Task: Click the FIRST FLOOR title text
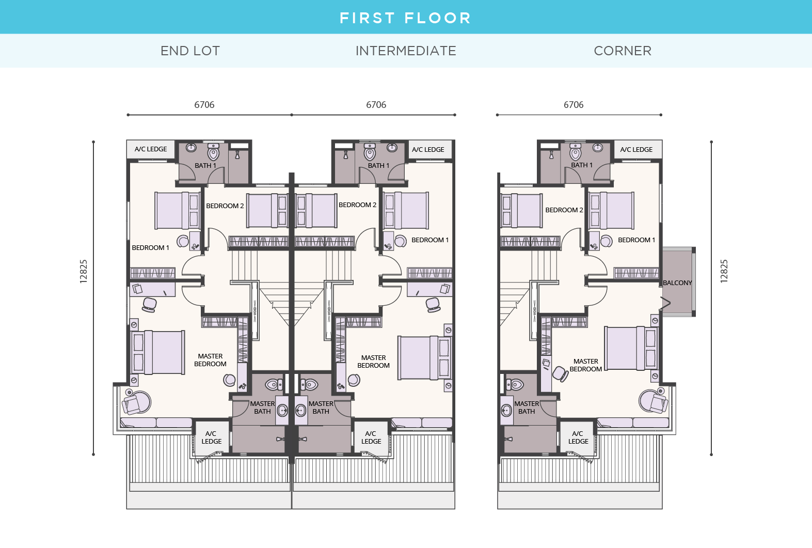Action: tap(405, 18)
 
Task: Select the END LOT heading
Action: tap(190, 51)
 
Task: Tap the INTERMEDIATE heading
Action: tap(406, 51)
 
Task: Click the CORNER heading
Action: tap(623, 51)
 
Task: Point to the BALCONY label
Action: tap(677, 283)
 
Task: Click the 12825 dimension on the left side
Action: tap(84, 271)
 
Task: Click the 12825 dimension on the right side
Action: tap(724, 271)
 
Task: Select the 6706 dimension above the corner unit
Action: tap(574, 105)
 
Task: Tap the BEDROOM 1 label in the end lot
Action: tap(150, 248)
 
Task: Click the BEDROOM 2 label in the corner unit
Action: tap(564, 210)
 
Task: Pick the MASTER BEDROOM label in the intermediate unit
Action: tap(373, 362)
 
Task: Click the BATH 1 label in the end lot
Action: tap(205, 166)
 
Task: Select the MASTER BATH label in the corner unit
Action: tap(527, 408)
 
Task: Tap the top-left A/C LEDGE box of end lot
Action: tap(151, 149)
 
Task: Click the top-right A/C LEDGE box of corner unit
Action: tap(636, 150)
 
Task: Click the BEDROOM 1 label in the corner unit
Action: tap(636, 240)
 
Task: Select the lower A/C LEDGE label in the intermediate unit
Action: tap(371, 437)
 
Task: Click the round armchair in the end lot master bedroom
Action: tap(136, 402)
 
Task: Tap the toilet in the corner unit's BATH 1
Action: tap(576, 153)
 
